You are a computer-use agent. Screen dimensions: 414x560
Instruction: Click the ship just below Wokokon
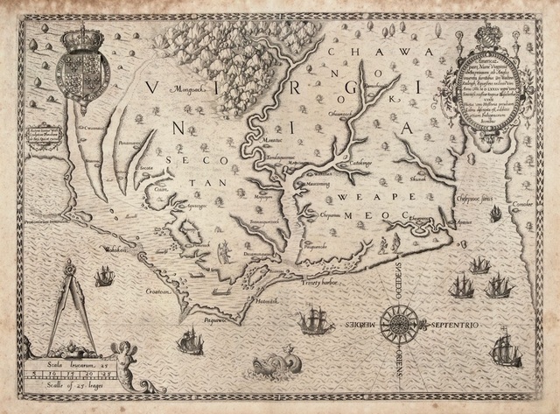pos(104,277)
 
